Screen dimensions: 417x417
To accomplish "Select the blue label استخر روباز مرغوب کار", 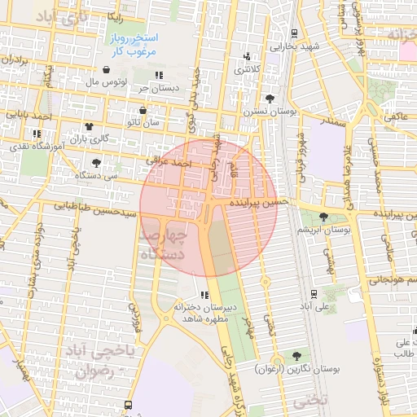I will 136,44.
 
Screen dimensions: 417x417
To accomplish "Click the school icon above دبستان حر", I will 170,75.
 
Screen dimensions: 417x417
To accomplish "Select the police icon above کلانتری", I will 246,57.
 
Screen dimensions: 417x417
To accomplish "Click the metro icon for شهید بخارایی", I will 293,33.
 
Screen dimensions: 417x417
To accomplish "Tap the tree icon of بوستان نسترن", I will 270,98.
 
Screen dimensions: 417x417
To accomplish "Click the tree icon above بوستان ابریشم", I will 325,217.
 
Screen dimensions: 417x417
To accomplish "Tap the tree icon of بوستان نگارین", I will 295,356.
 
